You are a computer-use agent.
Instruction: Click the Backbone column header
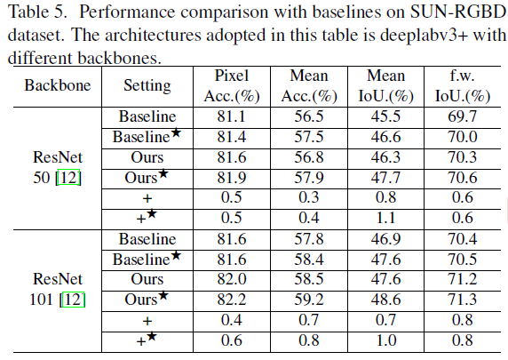coord(52,88)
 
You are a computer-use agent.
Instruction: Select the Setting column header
coord(147,88)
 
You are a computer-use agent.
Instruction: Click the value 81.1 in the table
coord(232,116)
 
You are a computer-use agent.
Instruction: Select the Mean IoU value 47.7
coord(383,178)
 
